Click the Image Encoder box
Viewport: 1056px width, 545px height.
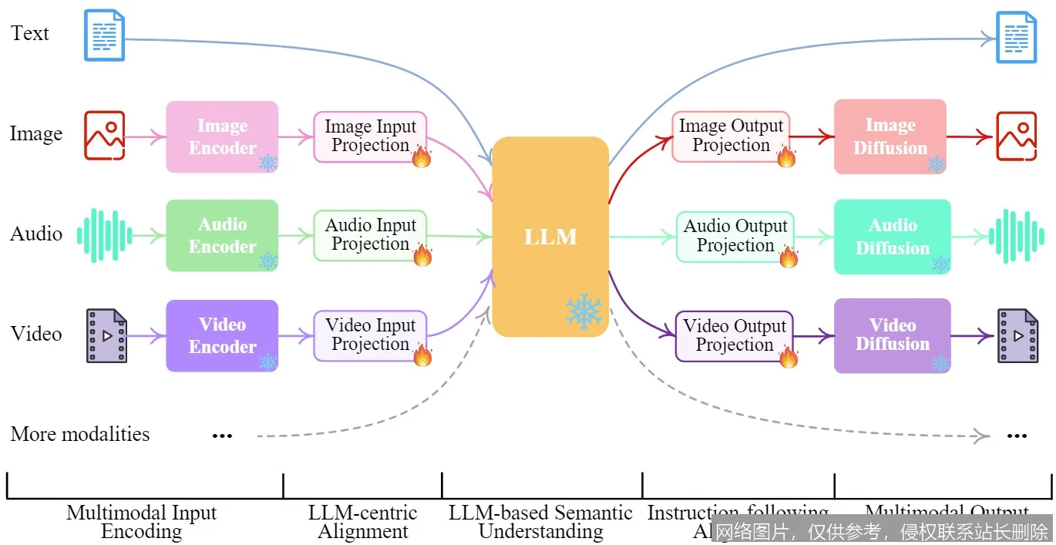[x=222, y=136]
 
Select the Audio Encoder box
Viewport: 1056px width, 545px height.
[x=222, y=235]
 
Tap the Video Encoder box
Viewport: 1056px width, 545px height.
[x=222, y=335]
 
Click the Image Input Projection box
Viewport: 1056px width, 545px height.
[x=370, y=136]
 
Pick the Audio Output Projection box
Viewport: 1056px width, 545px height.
[x=735, y=236]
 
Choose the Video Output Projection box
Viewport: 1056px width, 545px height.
[x=734, y=336]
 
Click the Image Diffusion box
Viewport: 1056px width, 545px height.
[x=890, y=136]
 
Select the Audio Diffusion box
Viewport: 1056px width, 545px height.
[x=893, y=237]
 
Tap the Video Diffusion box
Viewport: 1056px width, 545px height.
[x=893, y=335]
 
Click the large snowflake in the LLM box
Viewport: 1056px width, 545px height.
[x=584, y=311]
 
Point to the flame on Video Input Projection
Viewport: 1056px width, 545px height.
[x=422, y=355]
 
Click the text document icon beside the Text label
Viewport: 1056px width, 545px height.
[x=104, y=35]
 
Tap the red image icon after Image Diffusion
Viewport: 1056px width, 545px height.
[x=1016, y=136]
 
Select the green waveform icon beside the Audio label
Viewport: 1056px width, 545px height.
[x=105, y=235]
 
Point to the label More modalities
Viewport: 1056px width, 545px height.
[x=80, y=434]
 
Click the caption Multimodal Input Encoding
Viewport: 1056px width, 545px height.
[x=142, y=522]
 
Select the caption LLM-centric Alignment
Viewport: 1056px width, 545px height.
[x=363, y=522]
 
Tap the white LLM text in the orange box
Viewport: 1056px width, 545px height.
[x=550, y=237]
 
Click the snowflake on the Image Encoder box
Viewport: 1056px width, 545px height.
[x=267, y=162]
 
